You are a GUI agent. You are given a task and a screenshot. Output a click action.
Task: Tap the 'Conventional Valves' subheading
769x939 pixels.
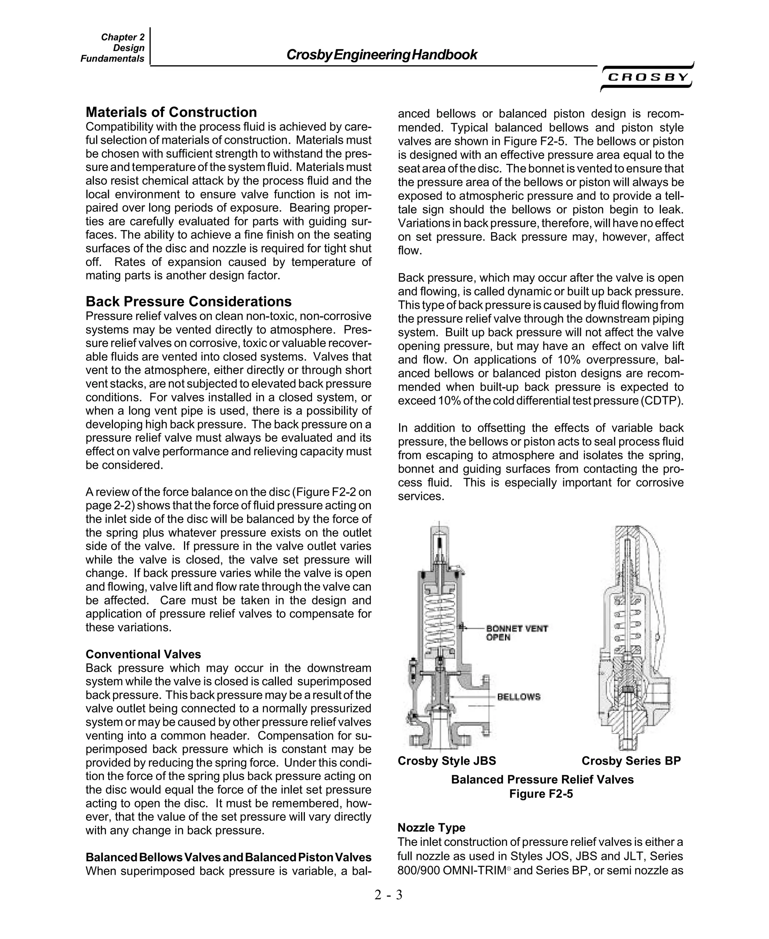point(143,654)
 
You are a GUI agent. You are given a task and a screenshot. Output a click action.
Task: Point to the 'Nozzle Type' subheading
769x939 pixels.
point(431,827)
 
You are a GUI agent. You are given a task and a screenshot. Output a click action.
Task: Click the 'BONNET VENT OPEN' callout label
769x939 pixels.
point(517,633)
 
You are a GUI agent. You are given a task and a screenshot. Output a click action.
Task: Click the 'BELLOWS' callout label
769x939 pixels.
point(519,697)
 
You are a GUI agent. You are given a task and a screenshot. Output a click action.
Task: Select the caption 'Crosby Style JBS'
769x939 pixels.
point(446,761)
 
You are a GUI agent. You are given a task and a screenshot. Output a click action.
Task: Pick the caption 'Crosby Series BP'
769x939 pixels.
point(631,761)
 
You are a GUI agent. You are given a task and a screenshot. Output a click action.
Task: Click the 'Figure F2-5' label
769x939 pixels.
point(541,793)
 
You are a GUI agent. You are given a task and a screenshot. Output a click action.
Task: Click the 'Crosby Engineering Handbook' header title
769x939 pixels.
point(381,54)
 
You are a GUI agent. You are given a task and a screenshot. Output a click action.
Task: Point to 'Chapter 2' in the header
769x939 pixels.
point(123,37)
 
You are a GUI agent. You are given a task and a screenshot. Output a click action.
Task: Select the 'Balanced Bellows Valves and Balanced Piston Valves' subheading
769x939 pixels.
point(228,857)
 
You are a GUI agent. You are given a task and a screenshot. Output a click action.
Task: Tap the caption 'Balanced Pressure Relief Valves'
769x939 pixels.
point(542,779)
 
